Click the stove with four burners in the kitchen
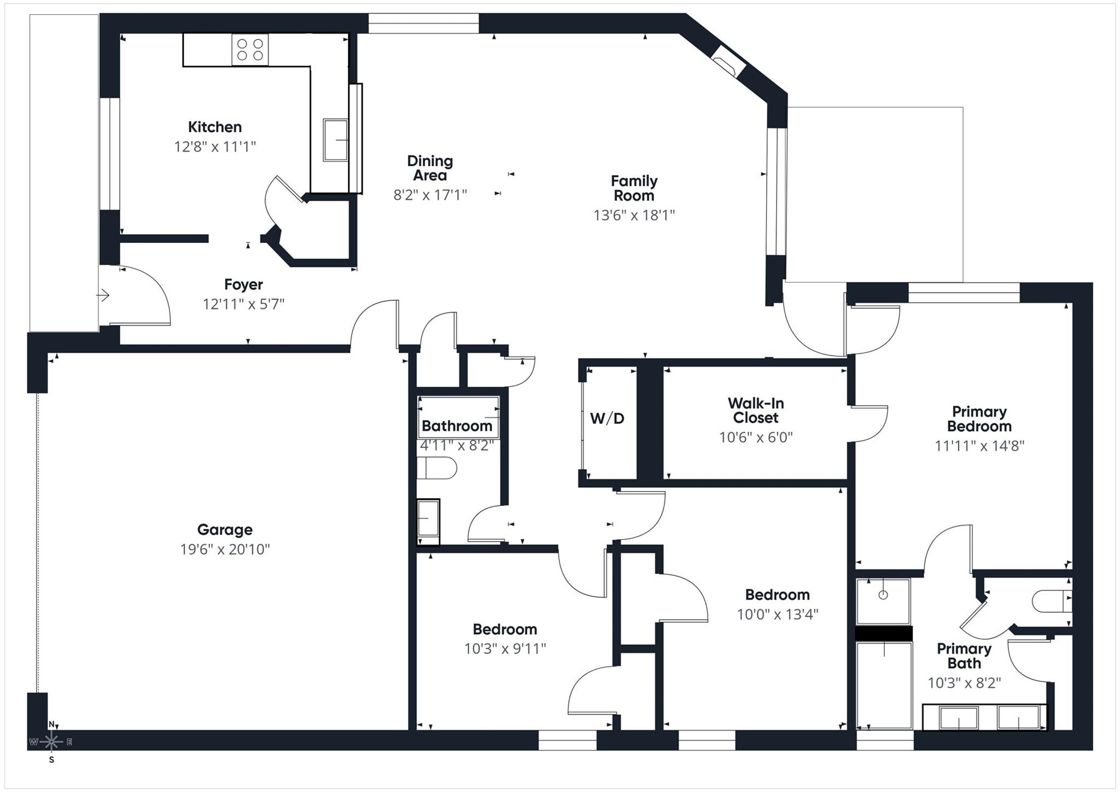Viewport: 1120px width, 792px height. [250, 50]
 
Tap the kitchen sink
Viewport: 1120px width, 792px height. [335, 140]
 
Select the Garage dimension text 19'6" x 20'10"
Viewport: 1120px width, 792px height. [225, 549]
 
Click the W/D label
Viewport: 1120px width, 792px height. [607, 418]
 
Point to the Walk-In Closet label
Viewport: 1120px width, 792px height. [756, 410]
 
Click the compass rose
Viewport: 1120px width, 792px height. [51, 742]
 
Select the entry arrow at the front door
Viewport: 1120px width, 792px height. [103, 296]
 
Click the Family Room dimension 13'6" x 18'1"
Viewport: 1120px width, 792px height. [634, 215]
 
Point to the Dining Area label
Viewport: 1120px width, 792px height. [430, 168]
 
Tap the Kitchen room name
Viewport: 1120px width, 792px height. [215, 127]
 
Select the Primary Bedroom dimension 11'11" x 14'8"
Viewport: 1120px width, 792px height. [979, 446]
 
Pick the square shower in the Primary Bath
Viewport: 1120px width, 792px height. [883, 601]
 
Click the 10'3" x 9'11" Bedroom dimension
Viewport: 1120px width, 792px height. [505, 649]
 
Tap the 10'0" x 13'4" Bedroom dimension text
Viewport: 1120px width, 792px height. [777, 614]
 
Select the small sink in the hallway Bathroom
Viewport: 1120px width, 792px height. [428, 522]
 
